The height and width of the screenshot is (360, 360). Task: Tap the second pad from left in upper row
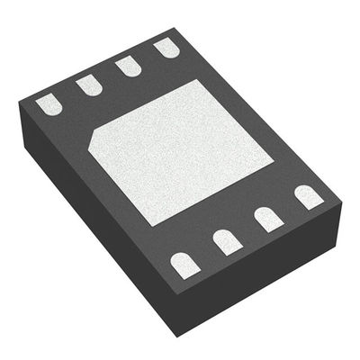(x=87, y=85)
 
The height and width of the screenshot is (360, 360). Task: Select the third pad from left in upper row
(x=127, y=67)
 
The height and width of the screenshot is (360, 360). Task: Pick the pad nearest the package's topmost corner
(x=165, y=48)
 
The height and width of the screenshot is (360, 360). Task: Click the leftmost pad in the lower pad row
(x=184, y=263)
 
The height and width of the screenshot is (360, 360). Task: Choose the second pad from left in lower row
(x=225, y=240)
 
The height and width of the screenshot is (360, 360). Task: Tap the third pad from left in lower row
(x=266, y=219)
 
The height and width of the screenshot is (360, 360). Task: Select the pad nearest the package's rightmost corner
(x=308, y=196)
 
